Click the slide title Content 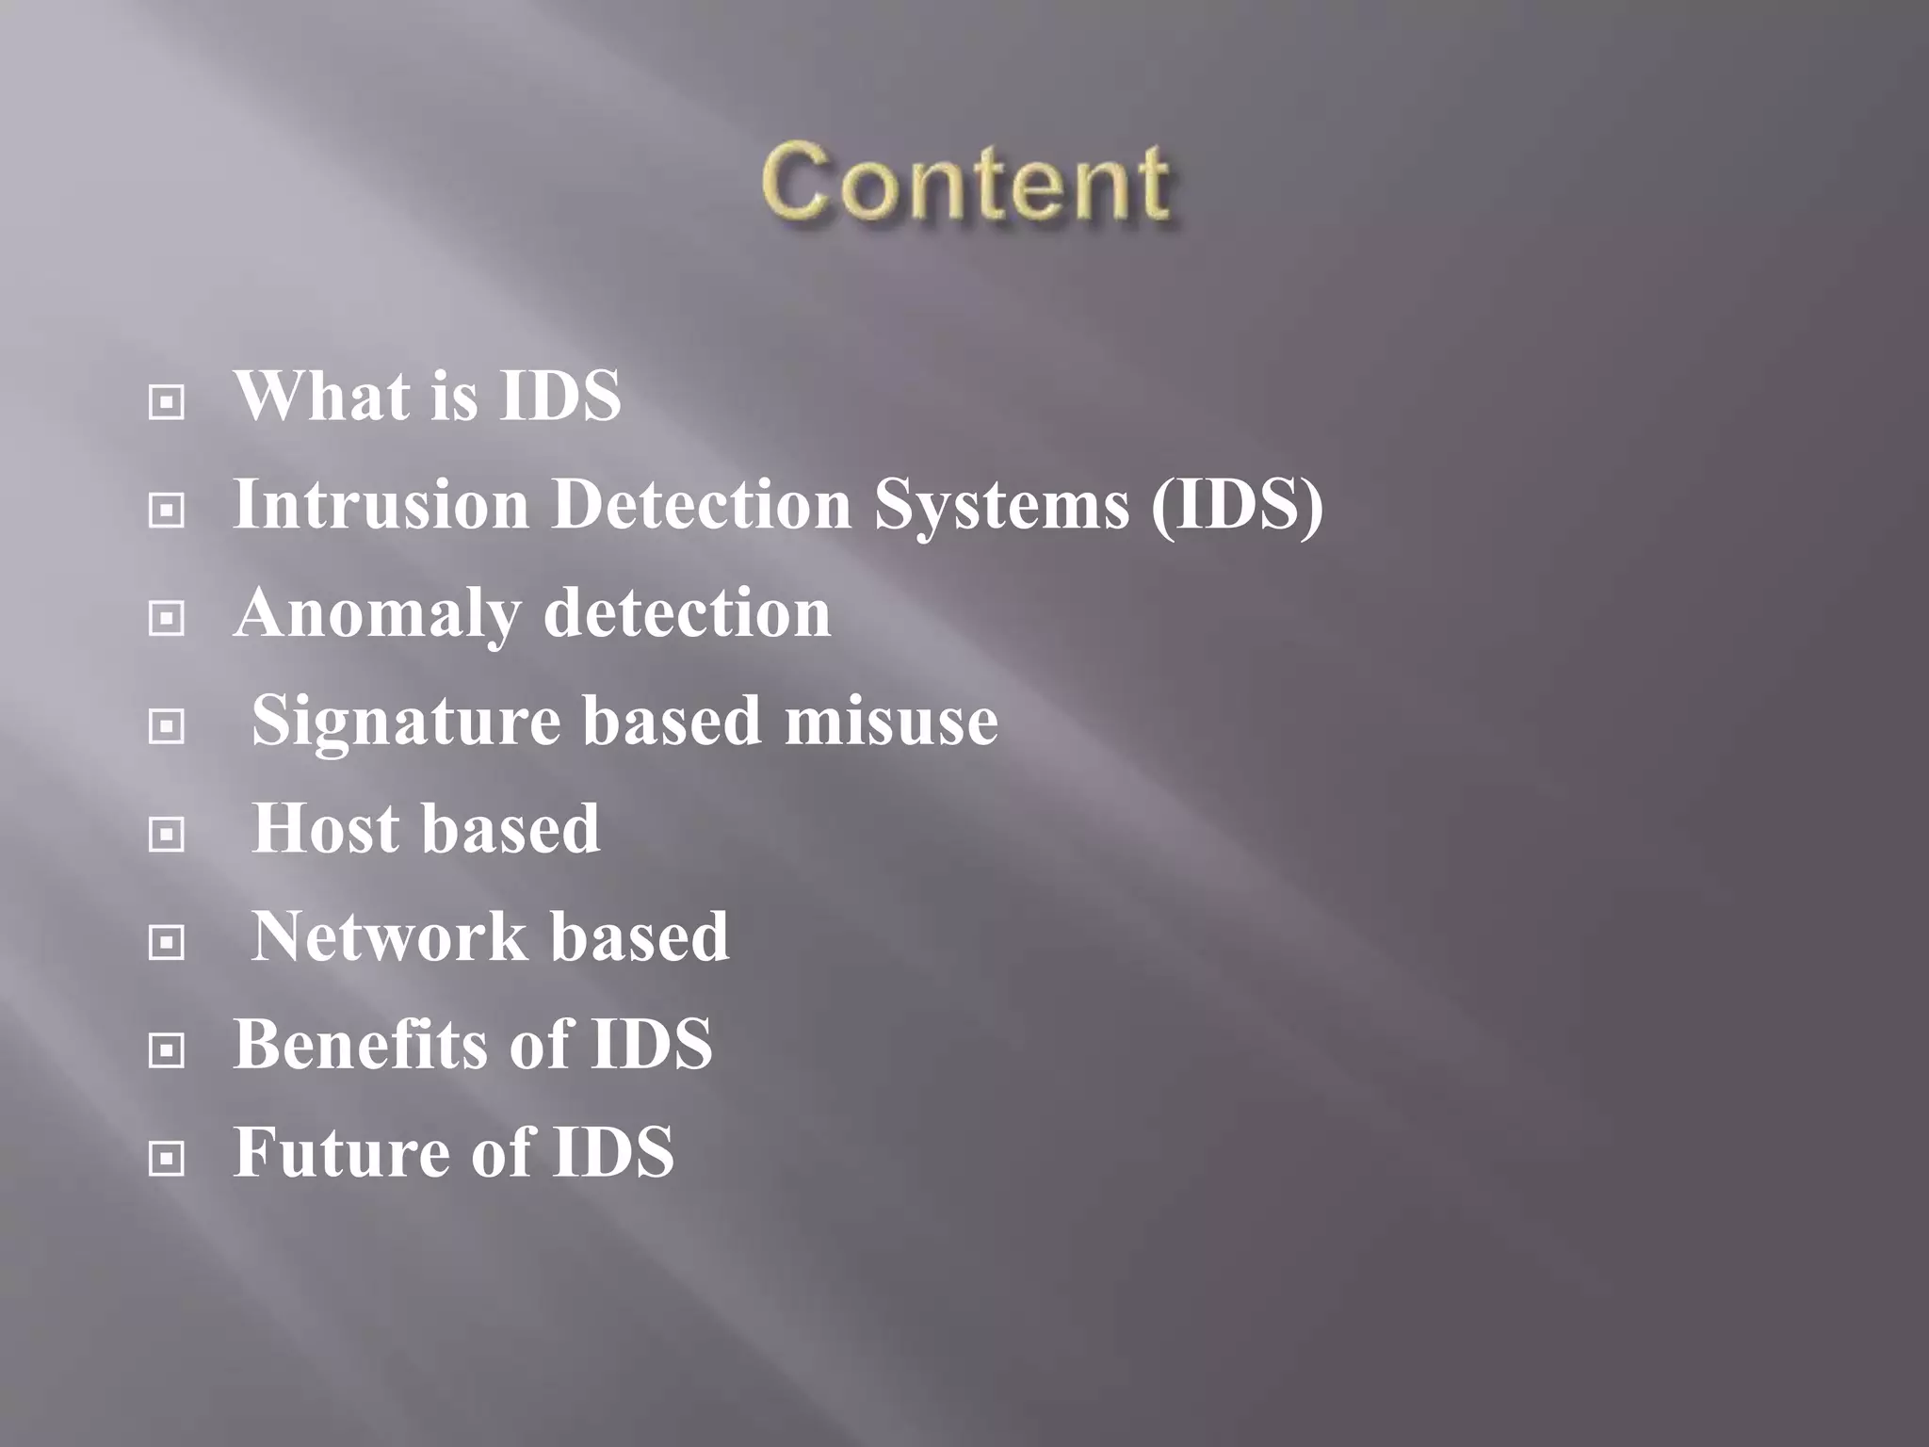(966, 183)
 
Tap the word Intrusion (381, 504)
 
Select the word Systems (1001, 506)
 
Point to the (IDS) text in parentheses (1237, 506)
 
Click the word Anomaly (377, 614)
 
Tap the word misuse (891, 721)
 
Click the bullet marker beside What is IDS (167, 403)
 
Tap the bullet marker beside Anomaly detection (167, 619)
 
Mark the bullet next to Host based (167, 835)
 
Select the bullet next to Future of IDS (167, 1158)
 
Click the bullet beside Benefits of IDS (167, 1049)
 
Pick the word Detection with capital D (702, 504)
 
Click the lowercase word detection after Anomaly (688, 612)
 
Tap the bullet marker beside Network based (167, 942)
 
